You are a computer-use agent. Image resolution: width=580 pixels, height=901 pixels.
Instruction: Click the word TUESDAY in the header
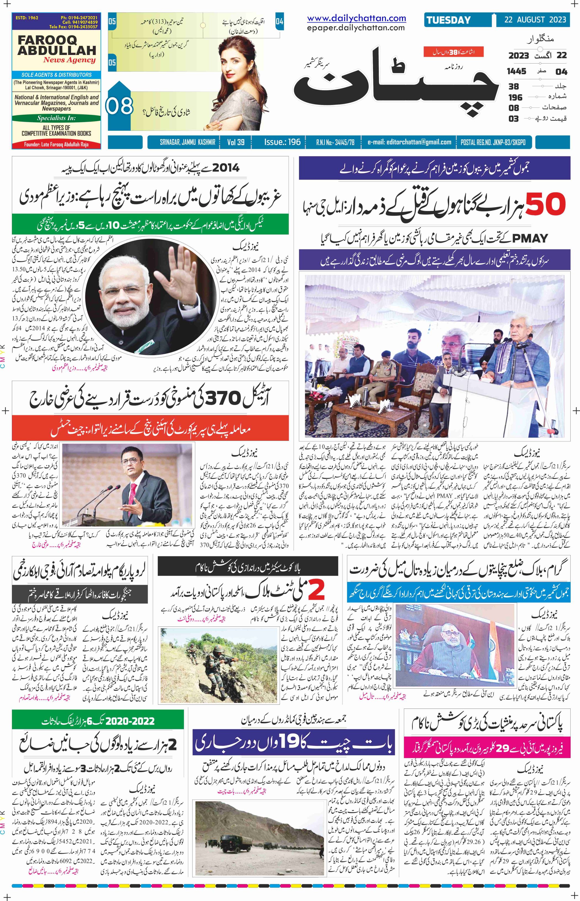(x=448, y=20)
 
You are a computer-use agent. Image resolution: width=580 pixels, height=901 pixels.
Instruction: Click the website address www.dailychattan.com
(x=356, y=18)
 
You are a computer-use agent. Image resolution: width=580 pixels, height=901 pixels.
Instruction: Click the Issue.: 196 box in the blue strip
(x=282, y=142)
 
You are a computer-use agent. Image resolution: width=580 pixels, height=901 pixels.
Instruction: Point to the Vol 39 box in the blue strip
(x=236, y=142)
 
